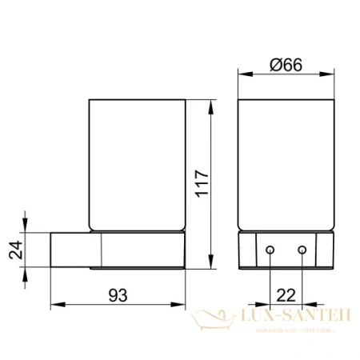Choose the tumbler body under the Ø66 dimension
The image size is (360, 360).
286,168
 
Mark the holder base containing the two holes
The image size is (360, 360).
286,252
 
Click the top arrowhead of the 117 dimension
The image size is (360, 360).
211,104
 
